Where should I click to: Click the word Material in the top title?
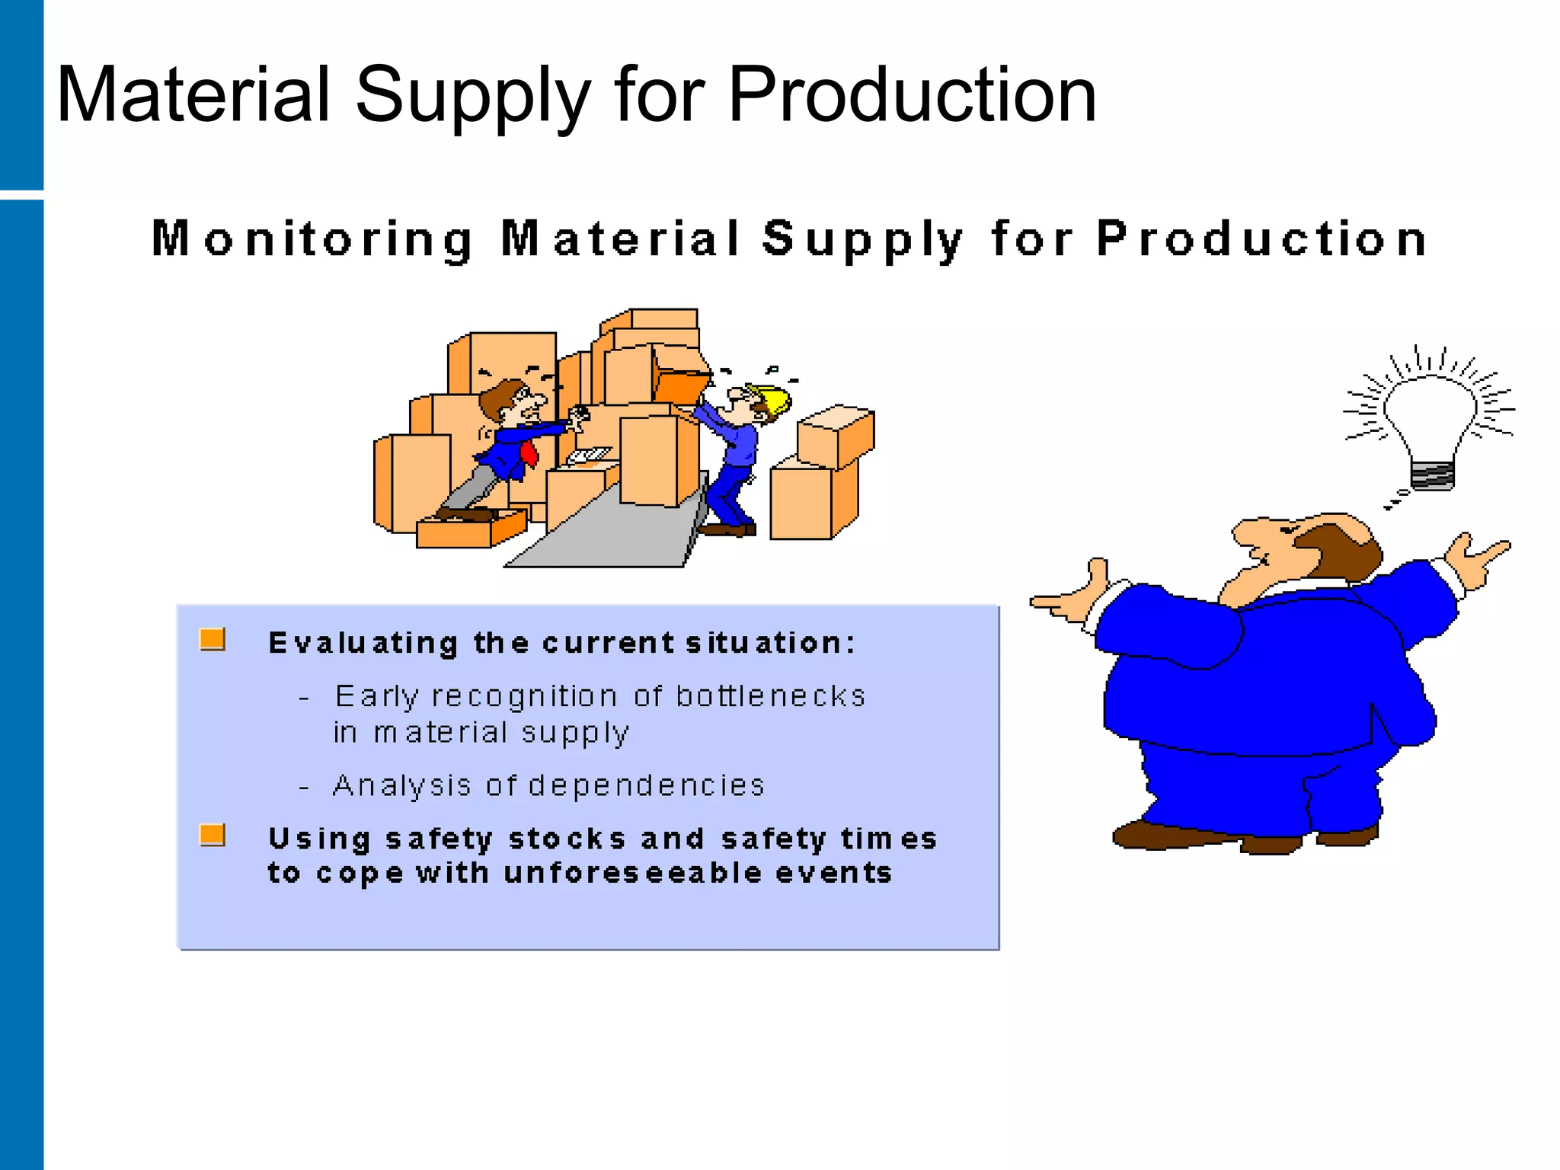[x=193, y=95]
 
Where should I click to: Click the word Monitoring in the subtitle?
[x=312, y=239]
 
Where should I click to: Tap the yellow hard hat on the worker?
[x=773, y=401]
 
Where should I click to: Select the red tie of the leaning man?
[x=529, y=455]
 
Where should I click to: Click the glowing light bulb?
[x=1430, y=415]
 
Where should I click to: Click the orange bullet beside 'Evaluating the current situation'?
[x=213, y=640]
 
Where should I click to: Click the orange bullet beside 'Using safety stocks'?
[x=213, y=836]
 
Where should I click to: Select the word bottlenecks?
[x=770, y=696]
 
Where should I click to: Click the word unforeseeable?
[x=633, y=873]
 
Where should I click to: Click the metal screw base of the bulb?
[x=1432, y=475]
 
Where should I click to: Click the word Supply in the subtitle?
[x=863, y=239]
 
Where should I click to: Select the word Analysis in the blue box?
[x=402, y=785]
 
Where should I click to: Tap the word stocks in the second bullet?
[x=567, y=839]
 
